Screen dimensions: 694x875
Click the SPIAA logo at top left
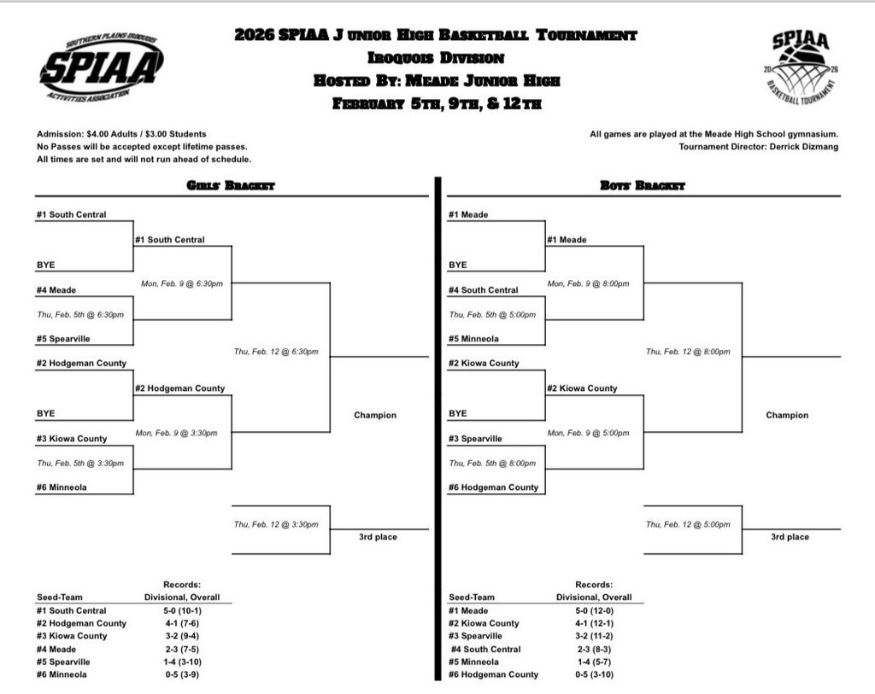pyautogui.click(x=101, y=67)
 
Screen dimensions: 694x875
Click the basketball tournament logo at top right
pyautogui.click(x=801, y=67)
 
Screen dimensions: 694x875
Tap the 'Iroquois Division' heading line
pyautogui.click(x=436, y=58)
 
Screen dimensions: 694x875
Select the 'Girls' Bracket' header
pyautogui.click(x=231, y=185)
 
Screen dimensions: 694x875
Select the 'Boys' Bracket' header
pyautogui.click(x=643, y=185)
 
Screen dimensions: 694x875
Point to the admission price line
pyautogui.click(x=121, y=134)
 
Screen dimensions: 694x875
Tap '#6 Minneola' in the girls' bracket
pyautogui.click(x=62, y=487)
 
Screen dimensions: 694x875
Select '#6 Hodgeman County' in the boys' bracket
pyautogui.click(x=494, y=487)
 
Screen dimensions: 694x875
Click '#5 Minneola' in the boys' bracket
pyautogui.click(x=474, y=339)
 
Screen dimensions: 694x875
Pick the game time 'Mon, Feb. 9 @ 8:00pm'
pyautogui.click(x=588, y=283)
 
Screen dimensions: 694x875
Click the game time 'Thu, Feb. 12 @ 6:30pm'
pyautogui.click(x=276, y=352)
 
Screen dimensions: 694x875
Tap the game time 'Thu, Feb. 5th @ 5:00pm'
pyautogui.click(x=492, y=314)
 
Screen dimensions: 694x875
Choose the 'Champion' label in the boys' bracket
pyautogui.click(x=786, y=416)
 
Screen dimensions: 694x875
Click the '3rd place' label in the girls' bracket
pyautogui.click(x=377, y=537)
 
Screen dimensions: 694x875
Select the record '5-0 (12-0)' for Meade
pyautogui.click(x=594, y=610)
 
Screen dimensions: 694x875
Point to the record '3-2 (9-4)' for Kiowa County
pyautogui.click(x=182, y=636)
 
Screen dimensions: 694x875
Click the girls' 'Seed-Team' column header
pyautogui.click(x=60, y=598)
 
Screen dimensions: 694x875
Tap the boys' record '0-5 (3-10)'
pyautogui.click(x=594, y=674)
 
